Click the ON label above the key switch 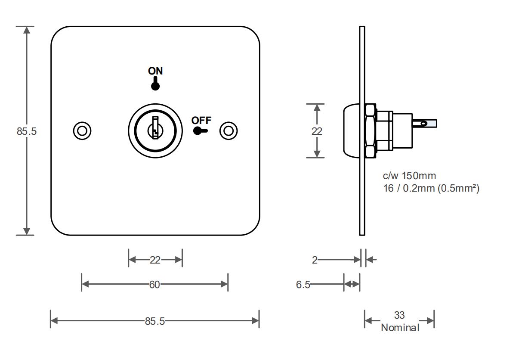155,71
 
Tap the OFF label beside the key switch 201,120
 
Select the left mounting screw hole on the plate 82,131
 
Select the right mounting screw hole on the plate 229,131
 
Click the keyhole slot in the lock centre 155,128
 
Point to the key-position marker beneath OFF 200,131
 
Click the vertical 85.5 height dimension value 27,131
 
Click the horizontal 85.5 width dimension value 155,321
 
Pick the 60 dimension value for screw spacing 154,285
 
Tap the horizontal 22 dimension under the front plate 155,260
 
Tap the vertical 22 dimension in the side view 317,131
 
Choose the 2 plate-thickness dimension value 315,260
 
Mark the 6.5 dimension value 303,285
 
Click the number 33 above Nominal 399,315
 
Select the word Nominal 400,328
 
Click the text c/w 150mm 409,176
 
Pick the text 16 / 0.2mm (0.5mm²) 431,188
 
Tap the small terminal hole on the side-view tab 423,123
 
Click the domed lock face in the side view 352,131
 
